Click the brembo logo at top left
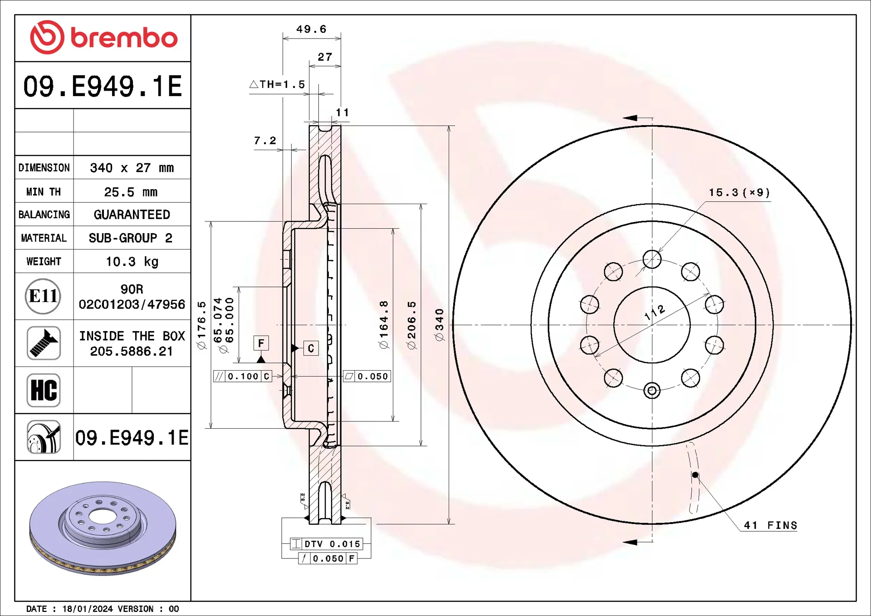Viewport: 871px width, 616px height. [103, 37]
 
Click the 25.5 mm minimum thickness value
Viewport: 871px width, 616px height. [131, 192]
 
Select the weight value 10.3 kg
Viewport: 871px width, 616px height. [132, 262]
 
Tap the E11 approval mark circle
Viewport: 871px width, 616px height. [43, 296]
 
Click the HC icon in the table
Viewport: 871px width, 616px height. [44, 390]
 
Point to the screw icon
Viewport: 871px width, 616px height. [44, 343]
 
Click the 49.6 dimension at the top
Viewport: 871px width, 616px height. [311, 29]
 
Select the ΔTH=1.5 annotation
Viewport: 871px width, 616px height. [277, 84]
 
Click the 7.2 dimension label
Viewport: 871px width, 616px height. [265, 141]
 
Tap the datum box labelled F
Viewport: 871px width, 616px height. [261, 343]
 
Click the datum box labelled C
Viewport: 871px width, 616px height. [311, 348]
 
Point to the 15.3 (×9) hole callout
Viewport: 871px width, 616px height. [739, 192]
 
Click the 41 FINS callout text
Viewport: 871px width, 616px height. [770, 525]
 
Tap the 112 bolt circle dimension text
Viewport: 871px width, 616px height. [655, 312]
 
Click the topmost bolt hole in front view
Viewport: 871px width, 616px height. [652, 259]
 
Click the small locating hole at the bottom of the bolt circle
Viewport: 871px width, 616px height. [652, 390]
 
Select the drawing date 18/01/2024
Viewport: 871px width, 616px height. [87, 609]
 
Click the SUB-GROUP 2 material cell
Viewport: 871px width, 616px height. [131, 238]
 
